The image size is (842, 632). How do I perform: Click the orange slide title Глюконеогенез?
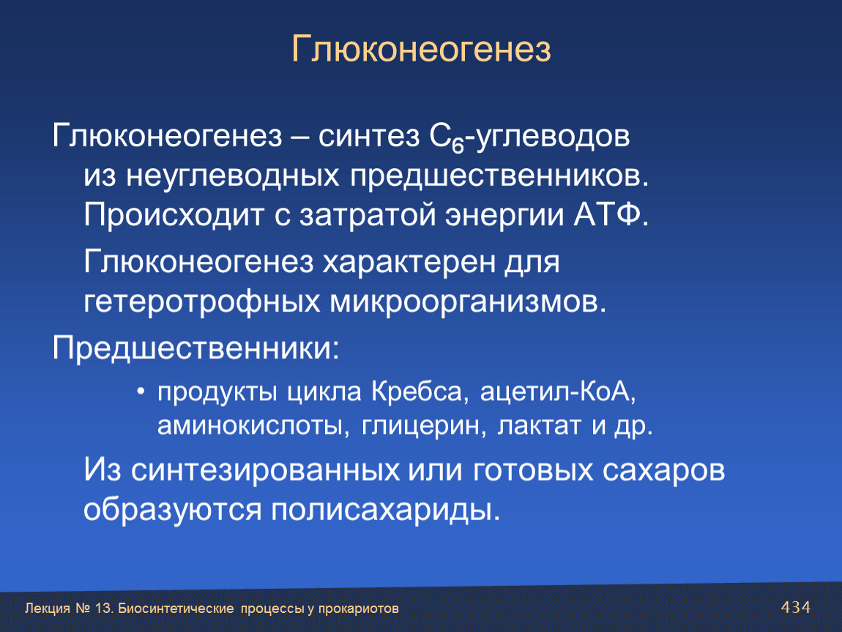[x=421, y=49]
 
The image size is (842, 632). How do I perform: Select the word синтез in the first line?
[x=369, y=136]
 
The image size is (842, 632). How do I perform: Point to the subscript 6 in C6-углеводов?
[x=458, y=146]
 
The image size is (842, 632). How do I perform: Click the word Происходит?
[x=174, y=215]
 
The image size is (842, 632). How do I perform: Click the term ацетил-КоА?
[x=558, y=392]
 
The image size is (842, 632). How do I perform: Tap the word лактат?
[x=539, y=426]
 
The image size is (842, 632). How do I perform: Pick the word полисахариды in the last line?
[x=386, y=511]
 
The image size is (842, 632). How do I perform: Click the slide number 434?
[x=796, y=607]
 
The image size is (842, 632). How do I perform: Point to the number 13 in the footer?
[x=103, y=609]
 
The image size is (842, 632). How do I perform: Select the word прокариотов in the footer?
[x=358, y=609]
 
